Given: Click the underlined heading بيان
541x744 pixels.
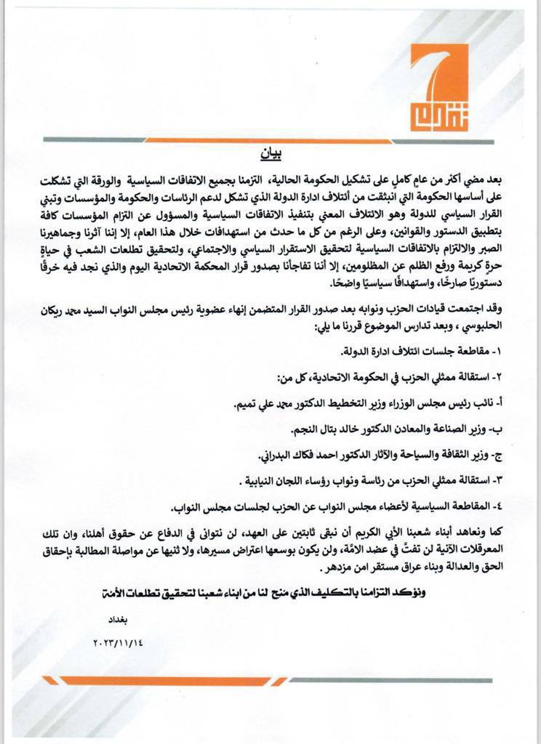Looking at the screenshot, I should coord(269,155).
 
